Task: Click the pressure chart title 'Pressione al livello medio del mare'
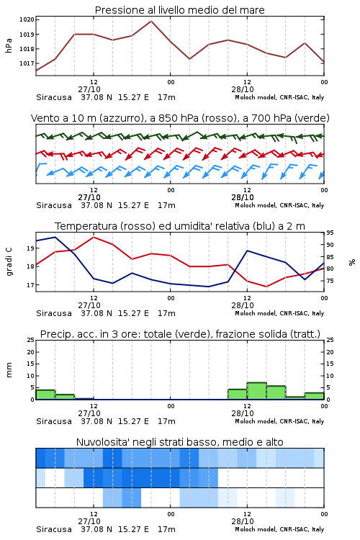(x=179, y=10)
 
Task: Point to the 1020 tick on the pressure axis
(x=27, y=19)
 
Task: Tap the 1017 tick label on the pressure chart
(x=27, y=63)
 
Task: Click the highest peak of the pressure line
(x=151, y=21)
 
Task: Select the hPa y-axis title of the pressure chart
(x=9, y=45)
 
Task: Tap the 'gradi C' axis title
(x=9, y=261)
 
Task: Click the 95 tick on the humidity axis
(x=330, y=233)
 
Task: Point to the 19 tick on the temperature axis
(x=30, y=248)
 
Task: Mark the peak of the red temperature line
(x=94, y=237)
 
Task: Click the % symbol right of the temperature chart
(x=352, y=262)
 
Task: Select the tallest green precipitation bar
(x=256, y=391)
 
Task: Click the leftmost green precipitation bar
(x=45, y=395)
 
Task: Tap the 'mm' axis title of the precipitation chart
(x=9, y=370)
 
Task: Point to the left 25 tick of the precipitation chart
(x=30, y=340)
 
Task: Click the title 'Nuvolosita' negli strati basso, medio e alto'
(x=179, y=442)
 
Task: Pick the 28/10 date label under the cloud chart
(x=243, y=521)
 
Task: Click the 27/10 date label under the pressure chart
(x=89, y=89)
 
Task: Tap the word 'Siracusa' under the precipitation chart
(x=54, y=421)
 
